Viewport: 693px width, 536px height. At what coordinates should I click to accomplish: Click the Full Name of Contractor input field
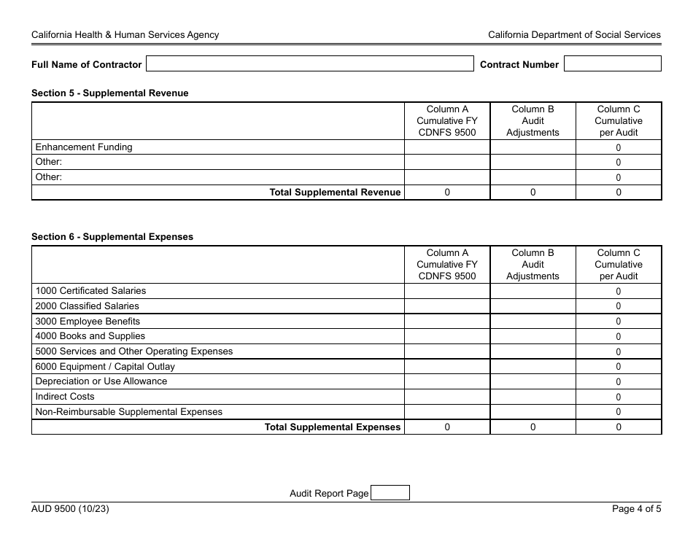[309, 64]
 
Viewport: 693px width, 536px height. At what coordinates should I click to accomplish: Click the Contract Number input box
[612, 64]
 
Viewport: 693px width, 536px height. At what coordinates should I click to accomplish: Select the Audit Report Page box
[390, 494]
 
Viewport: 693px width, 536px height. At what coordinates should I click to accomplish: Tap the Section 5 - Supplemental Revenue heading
[109, 93]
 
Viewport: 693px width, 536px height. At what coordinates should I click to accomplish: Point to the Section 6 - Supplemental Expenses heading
[112, 237]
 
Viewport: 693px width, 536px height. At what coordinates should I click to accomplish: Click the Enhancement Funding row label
[84, 147]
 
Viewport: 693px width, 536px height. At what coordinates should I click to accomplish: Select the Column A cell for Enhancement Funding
[447, 147]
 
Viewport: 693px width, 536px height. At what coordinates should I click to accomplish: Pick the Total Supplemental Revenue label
[335, 193]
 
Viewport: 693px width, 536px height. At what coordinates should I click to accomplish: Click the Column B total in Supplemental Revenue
[533, 193]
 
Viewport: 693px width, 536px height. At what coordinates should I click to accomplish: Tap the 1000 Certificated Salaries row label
[90, 291]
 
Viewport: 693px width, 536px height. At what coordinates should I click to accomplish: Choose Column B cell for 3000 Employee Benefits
[533, 322]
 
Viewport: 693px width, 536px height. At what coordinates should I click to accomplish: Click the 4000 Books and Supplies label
[90, 336]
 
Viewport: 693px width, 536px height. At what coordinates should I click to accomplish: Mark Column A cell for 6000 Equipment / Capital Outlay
[447, 367]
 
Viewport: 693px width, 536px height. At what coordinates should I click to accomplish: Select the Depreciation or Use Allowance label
[101, 381]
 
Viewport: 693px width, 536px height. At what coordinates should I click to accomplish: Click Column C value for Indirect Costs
[619, 397]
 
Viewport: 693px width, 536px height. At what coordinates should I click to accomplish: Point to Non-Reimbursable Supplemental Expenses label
[128, 412]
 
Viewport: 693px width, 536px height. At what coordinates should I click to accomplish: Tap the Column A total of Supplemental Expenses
[447, 427]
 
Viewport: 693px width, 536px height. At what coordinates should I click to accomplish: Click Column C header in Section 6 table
[619, 265]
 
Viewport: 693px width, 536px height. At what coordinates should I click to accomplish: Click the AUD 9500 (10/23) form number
[70, 510]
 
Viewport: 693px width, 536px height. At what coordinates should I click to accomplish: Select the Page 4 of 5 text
[636, 510]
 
